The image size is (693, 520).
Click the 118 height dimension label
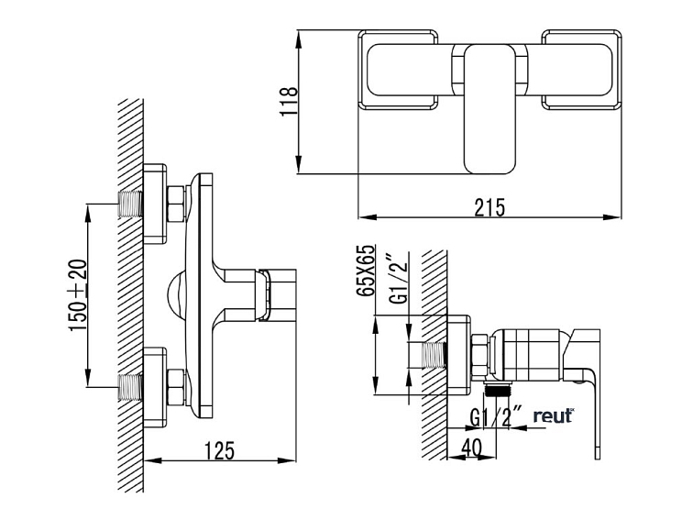click(289, 101)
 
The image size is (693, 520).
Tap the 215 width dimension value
click(489, 207)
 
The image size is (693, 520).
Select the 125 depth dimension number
click(220, 450)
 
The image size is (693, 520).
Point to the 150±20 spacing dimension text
click(78, 295)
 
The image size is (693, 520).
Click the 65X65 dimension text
click(367, 270)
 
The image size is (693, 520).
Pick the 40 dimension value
click(471, 448)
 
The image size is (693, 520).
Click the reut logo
click(554, 415)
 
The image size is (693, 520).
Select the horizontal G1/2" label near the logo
click(496, 417)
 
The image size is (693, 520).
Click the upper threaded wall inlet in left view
click(130, 205)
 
